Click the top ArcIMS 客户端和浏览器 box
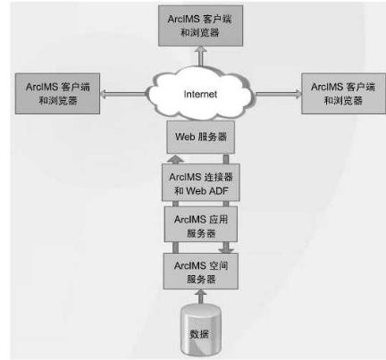(200, 26)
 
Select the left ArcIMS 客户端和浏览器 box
(57, 94)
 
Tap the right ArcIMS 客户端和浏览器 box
(343, 94)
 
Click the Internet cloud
(200, 93)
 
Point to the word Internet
(200, 94)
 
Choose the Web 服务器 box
(201, 137)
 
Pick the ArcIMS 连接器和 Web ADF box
(201, 182)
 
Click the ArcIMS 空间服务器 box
(201, 271)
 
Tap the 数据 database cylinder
(201, 329)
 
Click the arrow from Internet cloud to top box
(201, 56)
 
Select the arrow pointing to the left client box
(122, 94)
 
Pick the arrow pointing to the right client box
(279, 94)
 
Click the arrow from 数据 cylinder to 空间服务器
(201, 297)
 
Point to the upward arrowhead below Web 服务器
(175, 159)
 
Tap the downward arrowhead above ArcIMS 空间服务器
(226, 249)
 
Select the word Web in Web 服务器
(185, 137)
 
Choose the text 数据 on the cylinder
(199, 334)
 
